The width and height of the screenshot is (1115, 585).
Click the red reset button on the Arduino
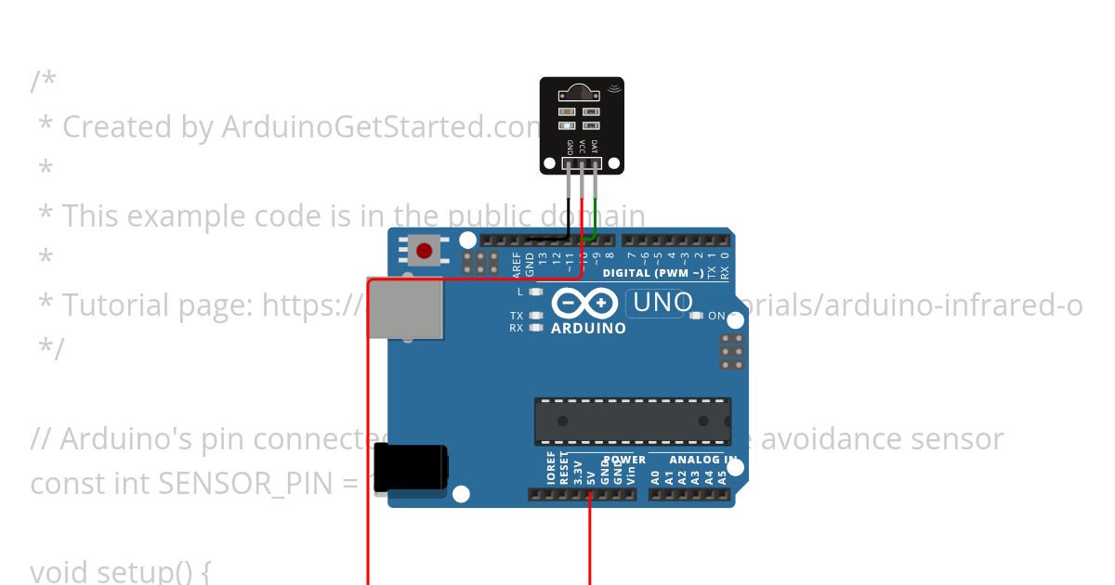tap(425, 251)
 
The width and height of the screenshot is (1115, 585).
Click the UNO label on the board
tap(662, 303)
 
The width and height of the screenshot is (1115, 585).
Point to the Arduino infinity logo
tap(584, 304)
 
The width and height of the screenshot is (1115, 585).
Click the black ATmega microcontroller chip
tap(632, 422)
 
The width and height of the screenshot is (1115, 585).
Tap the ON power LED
tap(696, 316)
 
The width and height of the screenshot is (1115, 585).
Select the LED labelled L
tap(536, 292)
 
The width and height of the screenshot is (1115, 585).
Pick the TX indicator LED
tap(536, 316)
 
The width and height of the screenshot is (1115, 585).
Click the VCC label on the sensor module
tap(583, 147)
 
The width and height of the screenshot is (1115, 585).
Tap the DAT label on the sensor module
tap(595, 147)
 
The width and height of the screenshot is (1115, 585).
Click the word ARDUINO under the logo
tap(588, 328)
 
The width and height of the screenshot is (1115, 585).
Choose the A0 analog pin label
tap(655, 477)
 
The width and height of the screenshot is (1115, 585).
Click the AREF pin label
tap(517, 264)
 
